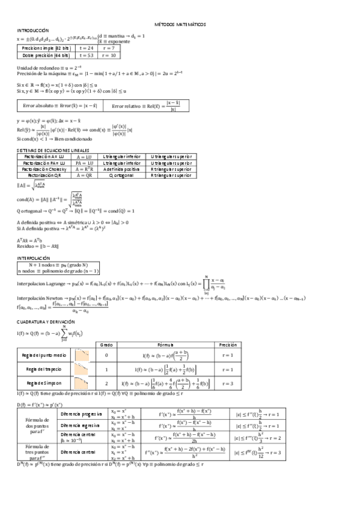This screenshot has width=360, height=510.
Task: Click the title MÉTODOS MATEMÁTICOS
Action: pos(180,24)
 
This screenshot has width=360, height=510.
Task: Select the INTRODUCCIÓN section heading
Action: pos(33,30)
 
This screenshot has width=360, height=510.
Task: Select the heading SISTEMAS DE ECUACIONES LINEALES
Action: pos(53,149)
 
